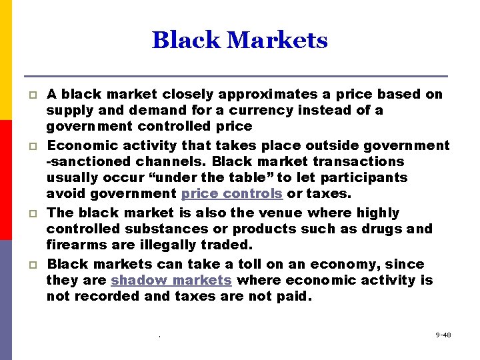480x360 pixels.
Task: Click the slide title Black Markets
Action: [240, 40]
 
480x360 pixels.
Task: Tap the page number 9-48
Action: [443, 335]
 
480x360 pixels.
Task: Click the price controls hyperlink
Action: [232, 194]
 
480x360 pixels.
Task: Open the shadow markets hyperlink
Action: [171, 281]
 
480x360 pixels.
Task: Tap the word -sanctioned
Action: [91, 161]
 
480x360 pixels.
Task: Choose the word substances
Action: [153, 229]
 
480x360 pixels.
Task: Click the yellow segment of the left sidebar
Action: [5, 60]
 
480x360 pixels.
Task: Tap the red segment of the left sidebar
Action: [5, 180]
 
